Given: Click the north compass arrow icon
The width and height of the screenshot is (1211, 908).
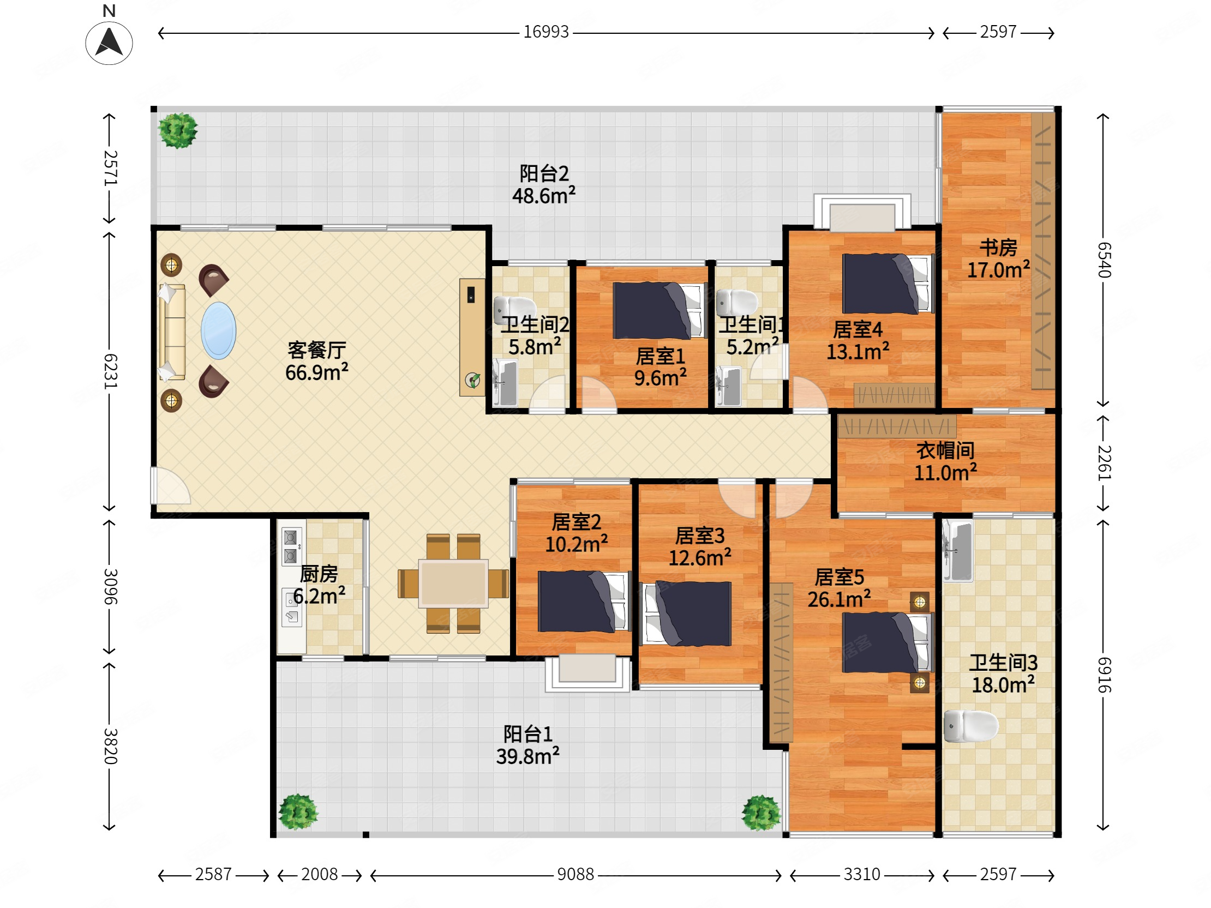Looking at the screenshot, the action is coord(109,43).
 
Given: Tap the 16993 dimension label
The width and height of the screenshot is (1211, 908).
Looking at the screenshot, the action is coord(546,32).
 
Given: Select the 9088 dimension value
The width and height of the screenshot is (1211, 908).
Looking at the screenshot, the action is coord(575,875).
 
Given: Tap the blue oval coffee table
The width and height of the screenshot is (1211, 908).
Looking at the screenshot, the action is coord(218,330).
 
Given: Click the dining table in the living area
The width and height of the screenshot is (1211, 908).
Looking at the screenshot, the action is coord(453,584).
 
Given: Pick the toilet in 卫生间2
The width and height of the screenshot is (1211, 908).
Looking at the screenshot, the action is coord(514,309).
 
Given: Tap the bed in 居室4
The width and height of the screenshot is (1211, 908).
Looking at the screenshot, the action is coord(888,284).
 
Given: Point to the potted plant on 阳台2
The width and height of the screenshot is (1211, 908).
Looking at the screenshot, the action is coord(177,130).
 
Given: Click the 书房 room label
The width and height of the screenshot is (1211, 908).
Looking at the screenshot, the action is coord(998,248).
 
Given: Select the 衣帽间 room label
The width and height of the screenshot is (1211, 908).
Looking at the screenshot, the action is coord(945,450).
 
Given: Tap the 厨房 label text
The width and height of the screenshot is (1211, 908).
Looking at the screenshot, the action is coord(319,574).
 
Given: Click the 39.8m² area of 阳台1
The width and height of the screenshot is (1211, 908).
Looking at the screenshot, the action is coord(527,756).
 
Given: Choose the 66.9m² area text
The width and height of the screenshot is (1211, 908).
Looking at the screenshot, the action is coord(316,372).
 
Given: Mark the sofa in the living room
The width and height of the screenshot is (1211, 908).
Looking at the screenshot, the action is coord(171,332).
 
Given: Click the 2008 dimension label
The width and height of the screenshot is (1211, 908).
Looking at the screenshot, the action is coord(319,875).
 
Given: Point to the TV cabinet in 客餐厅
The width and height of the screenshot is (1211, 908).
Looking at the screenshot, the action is coord(472,337).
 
